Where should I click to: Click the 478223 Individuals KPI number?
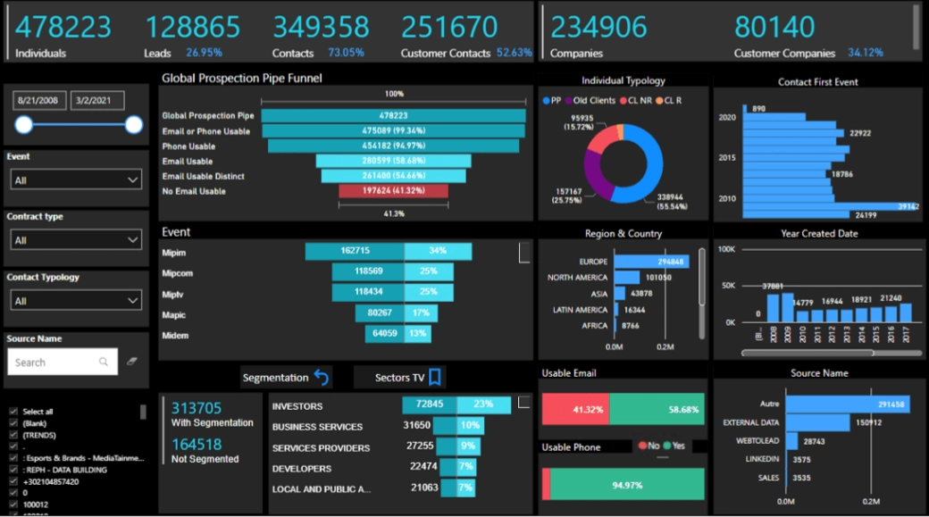[63, 27]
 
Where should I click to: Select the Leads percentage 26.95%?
[204, 53]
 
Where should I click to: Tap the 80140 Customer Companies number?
[774, 27]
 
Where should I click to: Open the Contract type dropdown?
[76, 240]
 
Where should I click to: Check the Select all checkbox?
[13, 412]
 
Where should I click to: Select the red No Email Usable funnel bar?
[393, 191]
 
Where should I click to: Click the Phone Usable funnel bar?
[393, 146]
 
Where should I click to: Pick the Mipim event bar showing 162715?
[355, 251]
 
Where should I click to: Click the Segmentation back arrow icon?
[322, 378]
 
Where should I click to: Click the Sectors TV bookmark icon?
[435, 378]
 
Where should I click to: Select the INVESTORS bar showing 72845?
[429, 405]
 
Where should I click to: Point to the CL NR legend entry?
[638, 101]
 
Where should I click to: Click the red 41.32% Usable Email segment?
[575, 409]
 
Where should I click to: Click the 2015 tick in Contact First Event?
[727, 158]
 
